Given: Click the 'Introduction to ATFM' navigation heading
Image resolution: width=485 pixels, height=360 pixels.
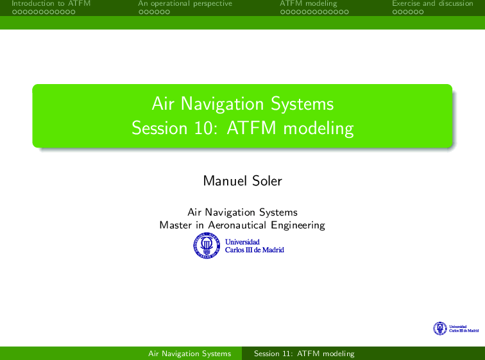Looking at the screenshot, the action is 51,3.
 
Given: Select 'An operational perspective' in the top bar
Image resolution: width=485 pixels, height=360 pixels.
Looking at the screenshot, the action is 185,4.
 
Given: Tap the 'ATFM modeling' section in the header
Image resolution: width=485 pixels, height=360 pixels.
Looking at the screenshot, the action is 309,4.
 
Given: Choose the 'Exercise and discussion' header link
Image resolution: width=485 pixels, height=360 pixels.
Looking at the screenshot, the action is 433,3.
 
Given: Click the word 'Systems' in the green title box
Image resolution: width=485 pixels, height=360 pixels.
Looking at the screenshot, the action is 302,104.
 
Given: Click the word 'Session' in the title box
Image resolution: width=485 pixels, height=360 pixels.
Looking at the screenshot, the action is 159,128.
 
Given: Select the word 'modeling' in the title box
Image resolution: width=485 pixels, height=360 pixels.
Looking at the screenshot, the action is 319,128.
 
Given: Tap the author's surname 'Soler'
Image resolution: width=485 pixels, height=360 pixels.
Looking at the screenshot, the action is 267,181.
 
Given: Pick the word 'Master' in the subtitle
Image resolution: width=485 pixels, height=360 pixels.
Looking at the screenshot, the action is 175,225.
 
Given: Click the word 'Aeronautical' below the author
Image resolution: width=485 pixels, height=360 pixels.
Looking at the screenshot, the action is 237,225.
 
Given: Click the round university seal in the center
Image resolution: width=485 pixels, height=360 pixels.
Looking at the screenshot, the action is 207,246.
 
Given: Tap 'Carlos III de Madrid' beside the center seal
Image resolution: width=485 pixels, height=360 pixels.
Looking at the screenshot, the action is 254,250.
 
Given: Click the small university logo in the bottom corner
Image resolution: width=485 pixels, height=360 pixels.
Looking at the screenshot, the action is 456,329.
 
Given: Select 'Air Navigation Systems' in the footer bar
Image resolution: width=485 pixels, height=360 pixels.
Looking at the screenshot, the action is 190,354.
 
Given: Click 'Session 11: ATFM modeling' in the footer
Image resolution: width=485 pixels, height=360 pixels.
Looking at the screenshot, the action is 304,354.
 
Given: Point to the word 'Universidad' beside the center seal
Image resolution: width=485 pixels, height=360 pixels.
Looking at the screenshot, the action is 242,242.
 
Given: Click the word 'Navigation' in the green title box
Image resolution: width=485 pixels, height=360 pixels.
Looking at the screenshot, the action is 222,104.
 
